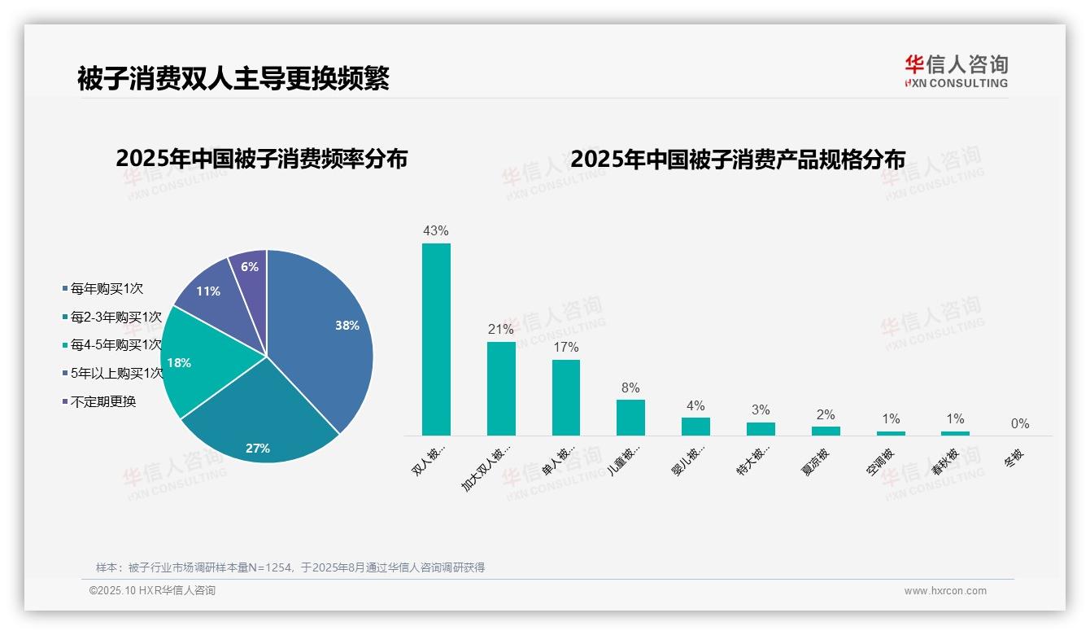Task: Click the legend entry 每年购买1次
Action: point(107,288)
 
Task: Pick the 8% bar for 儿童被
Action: point(630,417)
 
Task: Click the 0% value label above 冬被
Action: point(1020,423)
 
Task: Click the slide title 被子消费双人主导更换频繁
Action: point(233,78)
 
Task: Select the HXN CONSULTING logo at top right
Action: point(956,72)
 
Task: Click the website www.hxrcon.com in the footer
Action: point(945,591)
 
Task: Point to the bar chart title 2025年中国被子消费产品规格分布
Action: point(737,159)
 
